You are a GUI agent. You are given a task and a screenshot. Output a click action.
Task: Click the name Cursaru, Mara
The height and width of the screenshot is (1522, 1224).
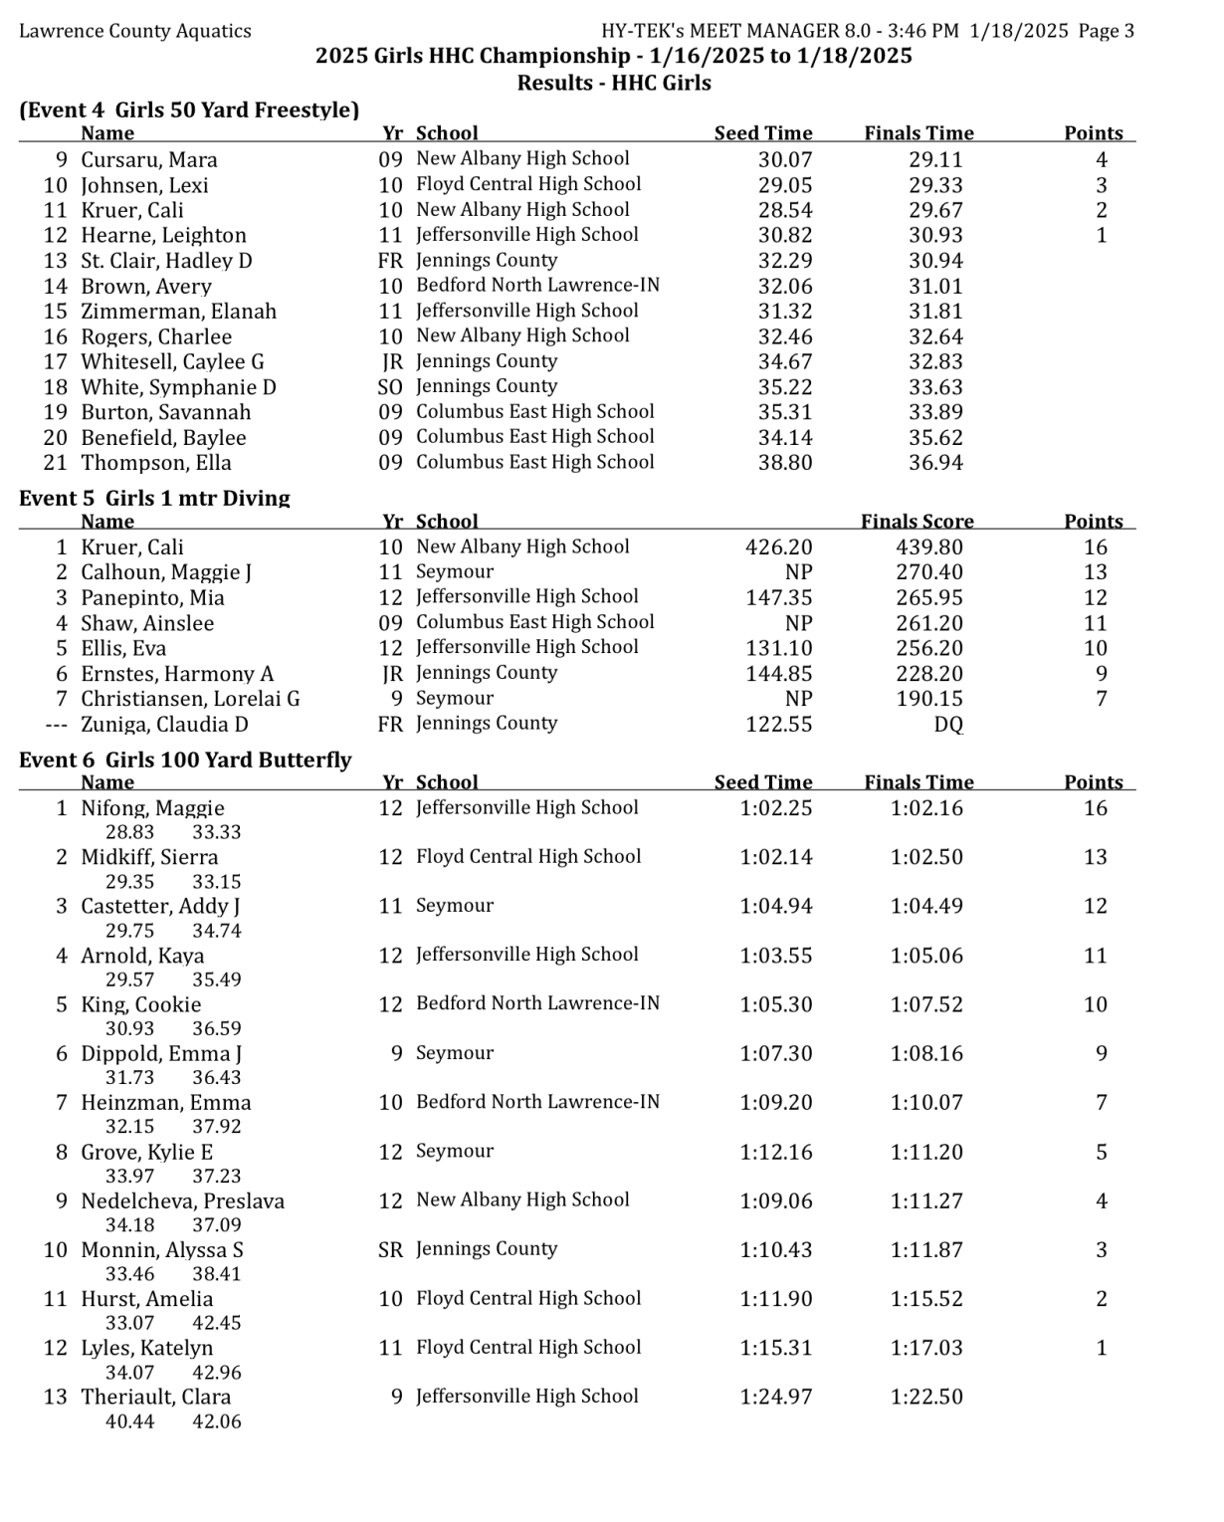(x=148, y=159)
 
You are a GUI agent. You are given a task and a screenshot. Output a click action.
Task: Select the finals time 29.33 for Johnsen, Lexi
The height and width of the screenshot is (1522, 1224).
(x=935, y=185)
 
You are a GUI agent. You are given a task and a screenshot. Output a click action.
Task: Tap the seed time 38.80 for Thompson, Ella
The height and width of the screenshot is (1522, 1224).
(x=785, y=463)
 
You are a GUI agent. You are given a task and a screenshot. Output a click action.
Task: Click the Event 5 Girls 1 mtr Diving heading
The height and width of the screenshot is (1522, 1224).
(x=154, y=498)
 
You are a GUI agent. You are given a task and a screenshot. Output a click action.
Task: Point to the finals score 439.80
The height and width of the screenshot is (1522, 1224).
(x=928, y=547)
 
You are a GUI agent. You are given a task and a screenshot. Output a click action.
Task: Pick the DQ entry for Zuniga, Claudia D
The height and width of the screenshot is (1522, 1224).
(x=948, y=725)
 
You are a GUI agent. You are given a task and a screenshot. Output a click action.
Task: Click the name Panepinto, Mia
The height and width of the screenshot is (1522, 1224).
(x=152, y=598)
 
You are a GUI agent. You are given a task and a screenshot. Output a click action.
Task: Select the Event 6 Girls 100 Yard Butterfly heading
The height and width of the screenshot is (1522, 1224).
(x=185, y=761)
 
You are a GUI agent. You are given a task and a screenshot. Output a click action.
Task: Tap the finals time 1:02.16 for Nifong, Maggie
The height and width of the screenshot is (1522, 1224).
(x=926, y=808)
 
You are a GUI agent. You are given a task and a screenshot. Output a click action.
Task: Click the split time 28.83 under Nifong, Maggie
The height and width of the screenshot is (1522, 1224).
(x=129, y=832)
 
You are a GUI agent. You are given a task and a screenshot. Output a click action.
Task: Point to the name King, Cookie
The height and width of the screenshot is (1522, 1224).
(x=140, y=1005)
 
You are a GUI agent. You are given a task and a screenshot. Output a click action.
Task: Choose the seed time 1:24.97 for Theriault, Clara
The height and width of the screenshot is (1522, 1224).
(x=775, y=1398)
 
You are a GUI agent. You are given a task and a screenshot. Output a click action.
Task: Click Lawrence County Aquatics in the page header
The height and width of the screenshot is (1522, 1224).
(x=135, y=31)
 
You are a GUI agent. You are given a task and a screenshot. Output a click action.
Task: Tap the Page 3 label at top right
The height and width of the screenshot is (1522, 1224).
(x=1107, y=31)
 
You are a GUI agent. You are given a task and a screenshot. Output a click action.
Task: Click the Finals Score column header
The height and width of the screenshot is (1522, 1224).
(x=917, y=522)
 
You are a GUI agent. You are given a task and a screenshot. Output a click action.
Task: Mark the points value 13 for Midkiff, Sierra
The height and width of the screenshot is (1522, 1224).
(x=1095, y=857)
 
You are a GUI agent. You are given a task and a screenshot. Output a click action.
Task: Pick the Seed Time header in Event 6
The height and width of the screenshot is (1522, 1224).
(x=762, y=782)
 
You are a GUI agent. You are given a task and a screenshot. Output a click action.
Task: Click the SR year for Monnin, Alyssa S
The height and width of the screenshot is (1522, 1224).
(x=390, y=1250)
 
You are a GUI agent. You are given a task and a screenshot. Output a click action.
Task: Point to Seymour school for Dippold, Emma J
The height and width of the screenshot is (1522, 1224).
(x=454, y=1053)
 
